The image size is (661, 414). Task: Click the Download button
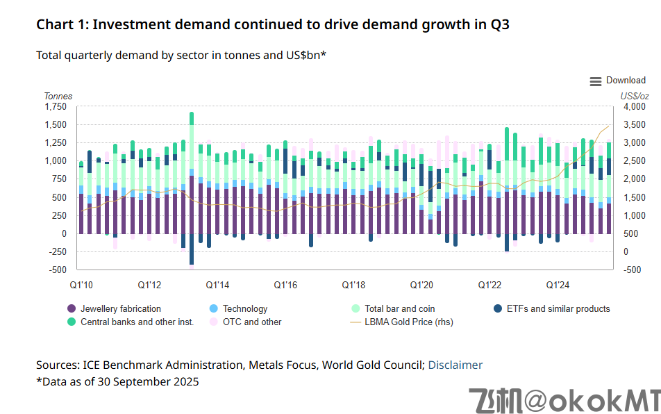point(617,81)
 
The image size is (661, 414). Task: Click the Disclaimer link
point(455,365)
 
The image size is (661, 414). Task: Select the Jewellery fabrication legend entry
point(120,308)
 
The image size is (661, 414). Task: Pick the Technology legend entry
point(244,308)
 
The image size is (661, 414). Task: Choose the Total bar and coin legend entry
point(399,308)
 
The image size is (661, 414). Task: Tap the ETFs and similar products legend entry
point(558,308)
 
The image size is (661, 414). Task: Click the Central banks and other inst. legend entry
point(136,322)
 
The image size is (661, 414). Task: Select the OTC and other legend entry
point(252,322)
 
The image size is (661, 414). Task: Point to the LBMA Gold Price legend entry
point(408,322)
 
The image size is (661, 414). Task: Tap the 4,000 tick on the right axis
point(635,107)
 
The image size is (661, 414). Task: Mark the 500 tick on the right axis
point(629,233)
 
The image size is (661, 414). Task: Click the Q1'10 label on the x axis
point(81,284)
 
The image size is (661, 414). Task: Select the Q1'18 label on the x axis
point(353,284)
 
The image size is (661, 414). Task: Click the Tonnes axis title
point(58,96)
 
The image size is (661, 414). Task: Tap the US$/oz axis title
point(635,96)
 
